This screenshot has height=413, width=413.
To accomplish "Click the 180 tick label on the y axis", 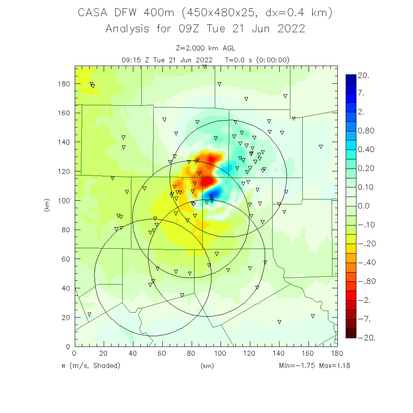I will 64,83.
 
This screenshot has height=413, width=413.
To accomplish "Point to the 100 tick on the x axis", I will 220,353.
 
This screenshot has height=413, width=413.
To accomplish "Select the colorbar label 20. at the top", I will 364,76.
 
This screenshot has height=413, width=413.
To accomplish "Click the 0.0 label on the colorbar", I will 364,206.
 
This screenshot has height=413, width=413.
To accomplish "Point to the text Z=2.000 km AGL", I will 205,48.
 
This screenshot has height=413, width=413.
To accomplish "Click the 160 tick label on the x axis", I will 308,353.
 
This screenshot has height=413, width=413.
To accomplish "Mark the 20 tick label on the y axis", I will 65,317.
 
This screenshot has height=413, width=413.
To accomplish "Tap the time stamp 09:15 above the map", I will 132,59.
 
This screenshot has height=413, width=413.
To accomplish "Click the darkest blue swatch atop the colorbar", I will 351,78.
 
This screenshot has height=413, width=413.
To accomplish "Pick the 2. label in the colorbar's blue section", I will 361,112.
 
